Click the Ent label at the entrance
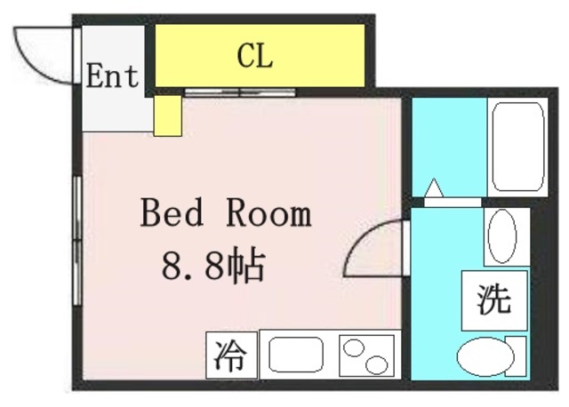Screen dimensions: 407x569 pyautogui.click(x=113, y=76)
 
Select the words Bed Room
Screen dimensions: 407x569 pyautogui.click(x=226, y=214)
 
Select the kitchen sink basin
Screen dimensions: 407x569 pyautogui.click(x=295, y=355)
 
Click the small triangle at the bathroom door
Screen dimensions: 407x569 pyautogui.click(x=434, y=188)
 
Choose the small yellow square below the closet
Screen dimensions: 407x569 pyautogui.click(x=167, y=116)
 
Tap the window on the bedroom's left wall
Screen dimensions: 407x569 pyautogui.click(x=78, y=222)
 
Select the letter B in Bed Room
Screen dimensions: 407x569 pyautogui.click(x=151, y=214)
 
